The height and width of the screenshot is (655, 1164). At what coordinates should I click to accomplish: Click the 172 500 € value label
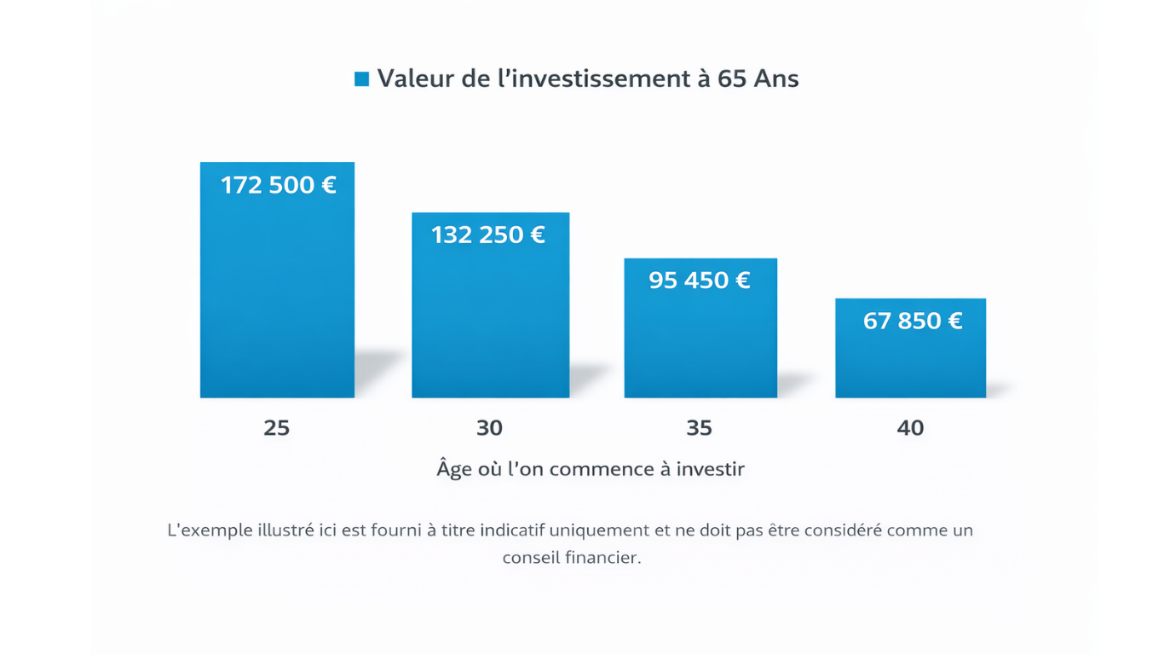[x=279, y=185]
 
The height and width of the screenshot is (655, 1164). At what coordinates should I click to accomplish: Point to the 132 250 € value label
[x=488, y=235]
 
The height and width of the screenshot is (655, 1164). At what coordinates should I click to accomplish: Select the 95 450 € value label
[x=700, y=280]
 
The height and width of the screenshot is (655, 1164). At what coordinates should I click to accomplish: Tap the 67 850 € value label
[x=913, y=321]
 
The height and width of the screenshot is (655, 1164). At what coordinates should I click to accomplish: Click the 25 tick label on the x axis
[x=277, y=427]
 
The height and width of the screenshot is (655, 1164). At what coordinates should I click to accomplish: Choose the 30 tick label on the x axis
[x=489, y=427]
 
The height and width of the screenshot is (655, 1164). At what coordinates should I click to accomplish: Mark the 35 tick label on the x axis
[x=699, y=427]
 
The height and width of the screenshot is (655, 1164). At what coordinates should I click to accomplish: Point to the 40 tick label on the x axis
[x=910, y=427]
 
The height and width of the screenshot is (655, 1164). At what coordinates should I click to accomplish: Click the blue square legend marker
[x=361, y=79]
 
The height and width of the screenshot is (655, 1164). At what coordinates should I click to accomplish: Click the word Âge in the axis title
[x=454, y=468]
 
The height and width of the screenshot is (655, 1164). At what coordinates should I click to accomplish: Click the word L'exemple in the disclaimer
[x=209, y=530]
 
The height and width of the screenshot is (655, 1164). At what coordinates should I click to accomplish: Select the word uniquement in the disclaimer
[x=599, y=530]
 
